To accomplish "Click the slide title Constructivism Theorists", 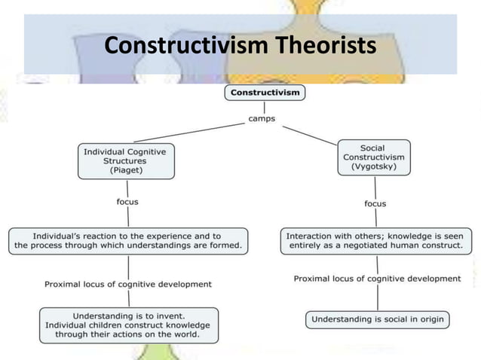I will click(240, 46).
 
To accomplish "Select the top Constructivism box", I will click(264, 93).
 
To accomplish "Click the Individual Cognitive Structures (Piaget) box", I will click(125, 161).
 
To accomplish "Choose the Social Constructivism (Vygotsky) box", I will click(374, 157).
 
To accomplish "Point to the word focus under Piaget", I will click(127, 202).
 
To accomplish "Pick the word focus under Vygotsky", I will click(375, 203).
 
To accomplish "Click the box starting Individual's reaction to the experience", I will click(127, 240).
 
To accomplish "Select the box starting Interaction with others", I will click(374, 240).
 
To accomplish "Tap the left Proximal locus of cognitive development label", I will click(127, 284).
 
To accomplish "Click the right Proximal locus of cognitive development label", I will click(376, 278).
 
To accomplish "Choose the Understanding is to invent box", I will click(128, 325).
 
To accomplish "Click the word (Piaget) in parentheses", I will click(125, 171).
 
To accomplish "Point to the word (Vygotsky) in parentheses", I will click(374, 167).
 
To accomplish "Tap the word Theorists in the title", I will click(323, 46).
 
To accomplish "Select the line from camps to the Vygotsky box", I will click(309, 136).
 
